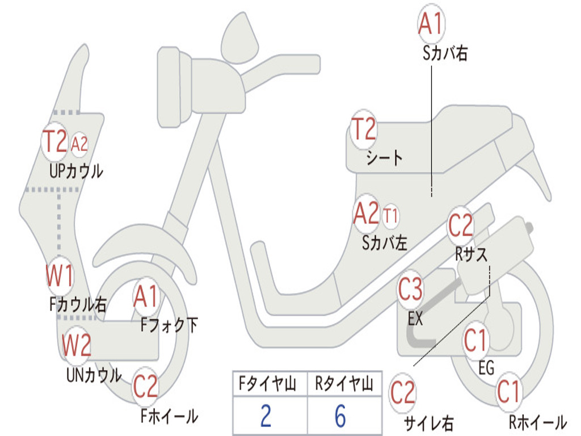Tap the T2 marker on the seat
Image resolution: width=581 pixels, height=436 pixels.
click(364, 129)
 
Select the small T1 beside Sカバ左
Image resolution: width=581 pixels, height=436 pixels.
click(391, 216)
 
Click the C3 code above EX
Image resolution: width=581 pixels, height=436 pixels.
click(410, 290)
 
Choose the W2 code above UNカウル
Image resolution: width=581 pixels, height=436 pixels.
click(76, 345)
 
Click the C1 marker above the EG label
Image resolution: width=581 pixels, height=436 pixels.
click(475, 341)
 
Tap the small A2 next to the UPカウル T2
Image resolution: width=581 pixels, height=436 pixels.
click(79, 144)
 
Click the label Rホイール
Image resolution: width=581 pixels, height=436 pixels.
click(537, 422)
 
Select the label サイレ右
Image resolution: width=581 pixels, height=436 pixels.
click(428, 423)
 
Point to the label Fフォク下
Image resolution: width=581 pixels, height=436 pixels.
click(169, 325)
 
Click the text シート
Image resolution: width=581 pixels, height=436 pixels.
click(384, 158)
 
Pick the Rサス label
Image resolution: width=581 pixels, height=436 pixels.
click(471, 254)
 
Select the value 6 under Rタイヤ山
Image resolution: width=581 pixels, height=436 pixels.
click(340, 416)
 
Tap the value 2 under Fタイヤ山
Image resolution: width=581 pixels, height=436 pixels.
click(266, 416)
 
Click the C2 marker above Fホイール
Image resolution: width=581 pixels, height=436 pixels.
click(145, 388)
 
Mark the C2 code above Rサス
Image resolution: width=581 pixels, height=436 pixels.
click(460, 226)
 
